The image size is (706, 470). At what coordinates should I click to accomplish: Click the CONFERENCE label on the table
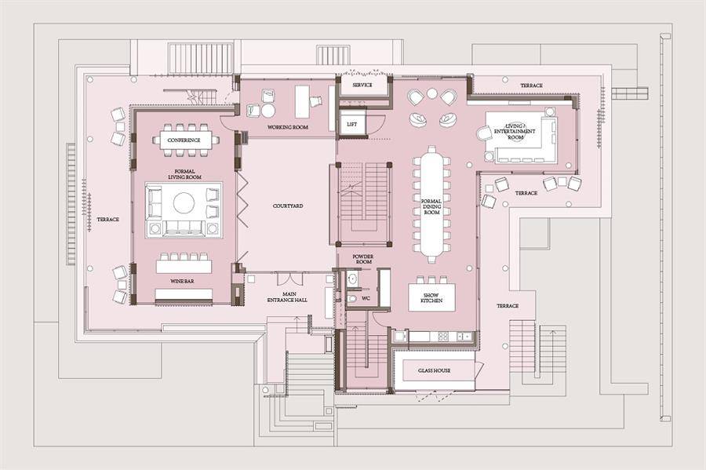pos(184,140)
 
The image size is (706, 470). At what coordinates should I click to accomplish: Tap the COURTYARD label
pos(288,206)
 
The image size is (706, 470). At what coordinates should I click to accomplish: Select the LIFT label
pos(352,124)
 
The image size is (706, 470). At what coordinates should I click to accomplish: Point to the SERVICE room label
pos(362,85)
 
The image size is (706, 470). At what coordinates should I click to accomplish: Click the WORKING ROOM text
pos(288,127)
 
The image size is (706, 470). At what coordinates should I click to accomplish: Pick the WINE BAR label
pos(182,282)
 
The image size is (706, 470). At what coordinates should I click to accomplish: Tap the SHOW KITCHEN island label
pos(431,297)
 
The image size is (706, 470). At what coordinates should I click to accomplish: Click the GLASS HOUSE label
pos(434,370)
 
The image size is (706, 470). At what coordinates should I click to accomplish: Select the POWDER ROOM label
pos(364,259)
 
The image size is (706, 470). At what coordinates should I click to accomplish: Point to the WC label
pos(366,298)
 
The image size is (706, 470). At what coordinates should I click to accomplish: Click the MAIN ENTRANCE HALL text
pos(287,297)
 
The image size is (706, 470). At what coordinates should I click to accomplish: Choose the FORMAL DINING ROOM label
pos(431,206)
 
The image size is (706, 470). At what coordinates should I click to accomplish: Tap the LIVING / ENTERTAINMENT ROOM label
pos(515,131)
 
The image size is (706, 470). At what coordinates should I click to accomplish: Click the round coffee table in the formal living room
pos(184,202)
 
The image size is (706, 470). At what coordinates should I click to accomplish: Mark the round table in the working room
pos(268,111)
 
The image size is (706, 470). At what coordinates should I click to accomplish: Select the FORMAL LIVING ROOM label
pos(184,174)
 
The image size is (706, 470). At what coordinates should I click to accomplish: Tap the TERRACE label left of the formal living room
pos(108,219)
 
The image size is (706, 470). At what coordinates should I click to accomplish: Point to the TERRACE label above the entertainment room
pos(531,85)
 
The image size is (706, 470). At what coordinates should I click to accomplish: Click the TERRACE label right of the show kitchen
pos(508,306)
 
